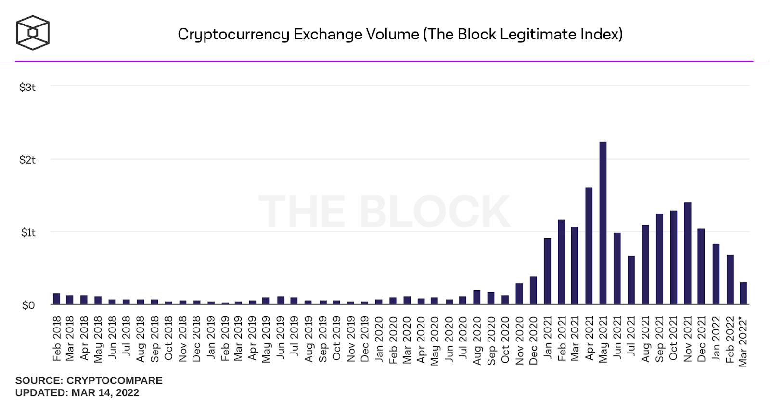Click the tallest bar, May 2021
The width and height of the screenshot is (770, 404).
(603, 223)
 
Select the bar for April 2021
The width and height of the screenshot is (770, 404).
(589, 246)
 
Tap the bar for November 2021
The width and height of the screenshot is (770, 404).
(688, 253)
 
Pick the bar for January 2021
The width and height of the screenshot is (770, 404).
(547, 271)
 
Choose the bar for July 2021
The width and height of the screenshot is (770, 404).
(631, 280)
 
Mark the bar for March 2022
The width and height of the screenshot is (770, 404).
(744, 293)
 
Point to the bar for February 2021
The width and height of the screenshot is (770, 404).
(561, 262)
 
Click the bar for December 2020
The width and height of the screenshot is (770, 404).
(533, 290)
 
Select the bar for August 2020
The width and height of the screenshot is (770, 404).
(477, 297)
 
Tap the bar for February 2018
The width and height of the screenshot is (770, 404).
(57, 299)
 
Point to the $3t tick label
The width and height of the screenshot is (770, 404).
(27, 87)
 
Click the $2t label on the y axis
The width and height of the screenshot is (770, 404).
(27, 160)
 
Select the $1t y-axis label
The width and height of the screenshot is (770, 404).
(28, 233)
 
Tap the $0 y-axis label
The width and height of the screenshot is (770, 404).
(28, 305)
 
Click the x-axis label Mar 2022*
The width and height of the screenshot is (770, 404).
(744, 341)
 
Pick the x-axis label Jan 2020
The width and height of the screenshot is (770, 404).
(379, 339)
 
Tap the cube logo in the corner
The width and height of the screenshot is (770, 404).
(33, 33)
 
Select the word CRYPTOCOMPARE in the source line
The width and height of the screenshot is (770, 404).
(115, 380)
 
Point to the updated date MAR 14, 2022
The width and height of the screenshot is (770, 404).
(105, 393)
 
